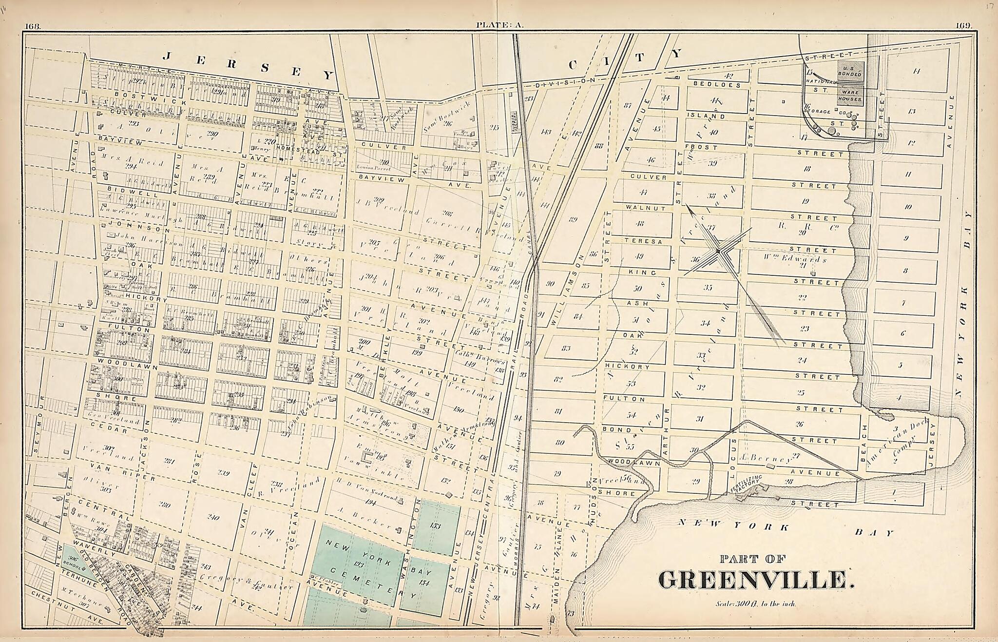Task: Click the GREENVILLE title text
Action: pyautogui.click(x=755, y=580)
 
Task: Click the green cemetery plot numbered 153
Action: pyautogui.click(x=436, y=525)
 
